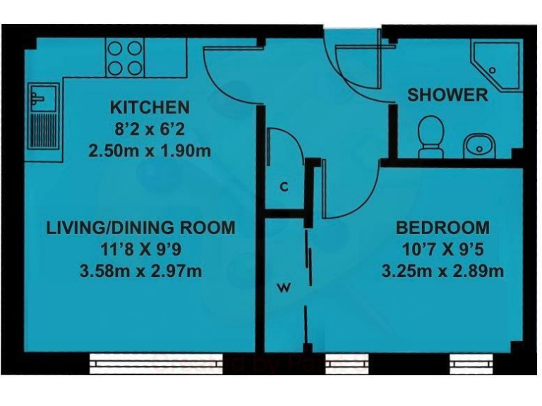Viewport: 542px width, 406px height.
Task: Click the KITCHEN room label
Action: click(150, 108)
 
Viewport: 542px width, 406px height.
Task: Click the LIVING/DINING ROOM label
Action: click(140, 228)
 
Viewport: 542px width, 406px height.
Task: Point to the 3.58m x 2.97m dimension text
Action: click(140, 271)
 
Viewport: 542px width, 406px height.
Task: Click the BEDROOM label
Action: click(442, 228)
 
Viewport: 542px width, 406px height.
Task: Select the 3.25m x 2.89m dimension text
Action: click(442, 271)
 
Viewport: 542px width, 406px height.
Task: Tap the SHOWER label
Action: click(447, 94)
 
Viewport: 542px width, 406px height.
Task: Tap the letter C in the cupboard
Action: click(284, 187)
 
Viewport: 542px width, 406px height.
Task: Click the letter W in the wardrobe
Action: click(284, 287)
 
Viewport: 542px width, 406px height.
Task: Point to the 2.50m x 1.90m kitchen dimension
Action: click(150, 151)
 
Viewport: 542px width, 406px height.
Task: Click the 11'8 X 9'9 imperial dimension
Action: click(140, 249)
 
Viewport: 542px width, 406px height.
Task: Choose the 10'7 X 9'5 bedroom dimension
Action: click(442, 249)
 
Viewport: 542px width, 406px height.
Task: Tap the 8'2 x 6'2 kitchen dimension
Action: click(150, 130)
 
